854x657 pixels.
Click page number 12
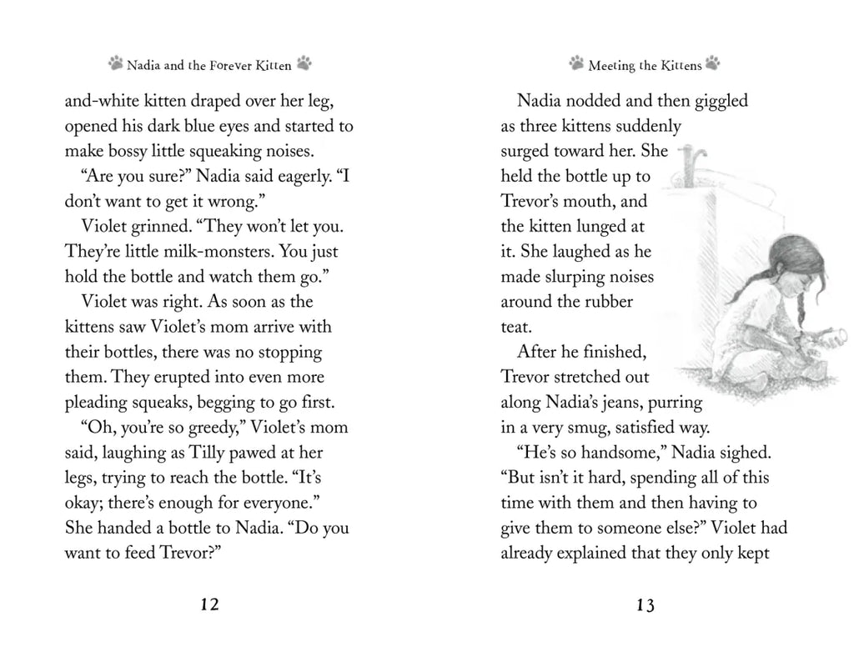(x=209, y=605)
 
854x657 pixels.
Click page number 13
(x=645, y=605)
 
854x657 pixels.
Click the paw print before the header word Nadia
(x=116, y=63)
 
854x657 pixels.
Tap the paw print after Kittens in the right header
(x=712, y=63)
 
